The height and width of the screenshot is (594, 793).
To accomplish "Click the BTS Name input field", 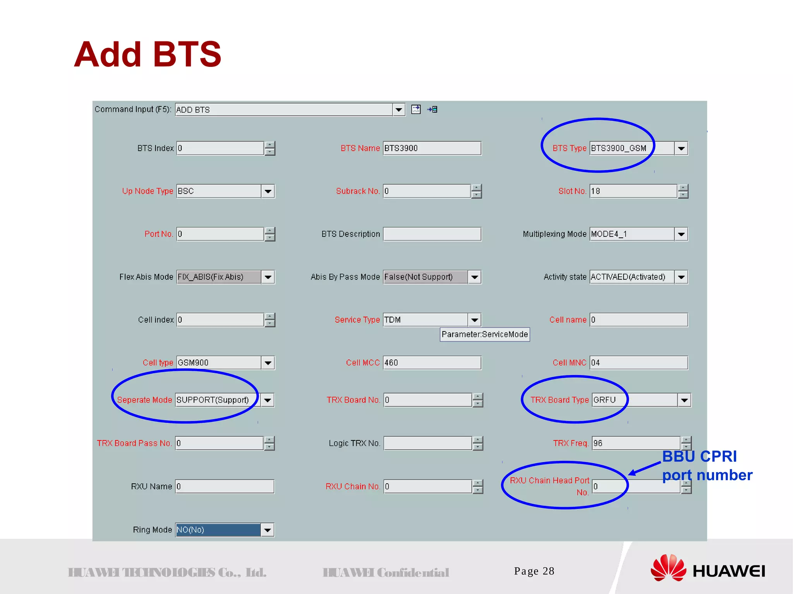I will (x=432, y=148).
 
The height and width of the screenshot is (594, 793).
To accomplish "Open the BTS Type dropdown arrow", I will (x=681, y=148).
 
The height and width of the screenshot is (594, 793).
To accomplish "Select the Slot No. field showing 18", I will (x=633, y=191).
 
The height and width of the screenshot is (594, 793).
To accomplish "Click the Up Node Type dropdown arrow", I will (x=268, y=191).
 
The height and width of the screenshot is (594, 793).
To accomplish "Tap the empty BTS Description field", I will (x=432, y=234).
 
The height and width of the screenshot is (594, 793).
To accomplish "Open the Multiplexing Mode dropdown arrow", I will (x=681, y=234).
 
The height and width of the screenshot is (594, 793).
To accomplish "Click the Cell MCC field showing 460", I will (x=432, y=363).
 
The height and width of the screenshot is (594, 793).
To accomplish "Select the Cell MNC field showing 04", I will (x=639, y=363).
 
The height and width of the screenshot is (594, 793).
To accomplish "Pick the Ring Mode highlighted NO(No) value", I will (x=218, y=530).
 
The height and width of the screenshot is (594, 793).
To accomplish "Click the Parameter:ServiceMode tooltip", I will (x=484, y=334).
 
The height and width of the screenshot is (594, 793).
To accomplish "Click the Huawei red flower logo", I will (x=668, y=568).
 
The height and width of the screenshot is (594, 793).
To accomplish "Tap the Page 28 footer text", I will (x=534, y=571).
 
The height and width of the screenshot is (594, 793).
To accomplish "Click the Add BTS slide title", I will (x=148, y=54).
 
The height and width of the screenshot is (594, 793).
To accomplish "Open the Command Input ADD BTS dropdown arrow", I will (x=398, y=110).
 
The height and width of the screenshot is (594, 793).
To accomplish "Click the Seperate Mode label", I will (x=144, y=400).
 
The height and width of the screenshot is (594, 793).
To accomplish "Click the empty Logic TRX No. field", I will (x=427, y=443).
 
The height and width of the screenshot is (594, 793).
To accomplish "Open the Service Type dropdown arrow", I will (x=474, y=320).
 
